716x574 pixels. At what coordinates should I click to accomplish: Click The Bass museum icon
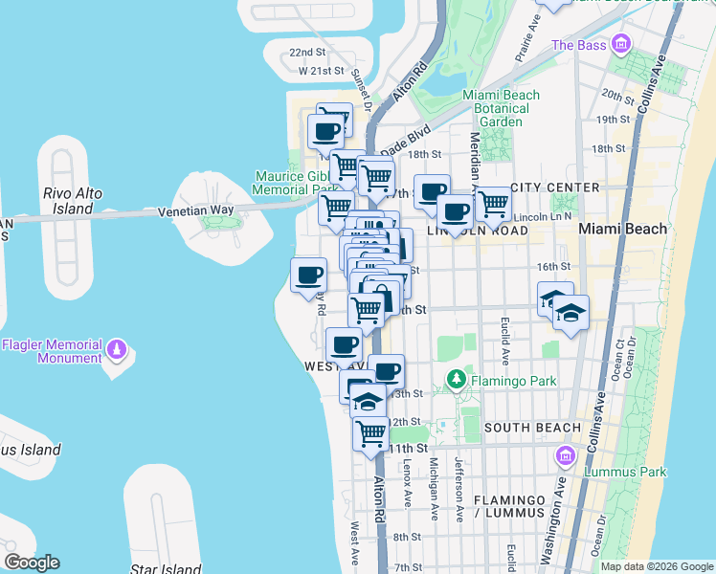(622, 44)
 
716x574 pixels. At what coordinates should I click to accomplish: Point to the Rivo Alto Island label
(74, 200)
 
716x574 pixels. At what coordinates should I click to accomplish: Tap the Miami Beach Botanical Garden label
(501, 108)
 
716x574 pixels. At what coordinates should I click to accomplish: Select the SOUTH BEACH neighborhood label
(532, 427)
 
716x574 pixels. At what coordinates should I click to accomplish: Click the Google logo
(32, 563)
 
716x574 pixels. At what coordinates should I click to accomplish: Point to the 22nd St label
(308, 53)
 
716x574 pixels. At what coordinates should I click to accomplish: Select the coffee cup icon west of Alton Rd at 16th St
(308, 275)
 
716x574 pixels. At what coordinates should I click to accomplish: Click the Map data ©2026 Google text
(657, 566)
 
